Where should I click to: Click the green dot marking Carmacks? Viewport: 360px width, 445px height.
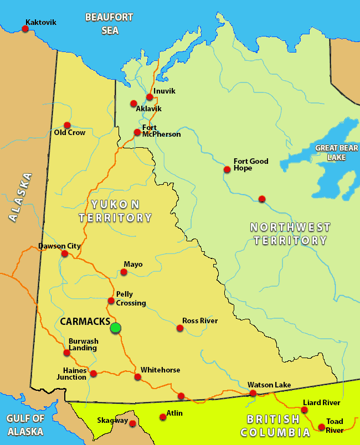[115, 328]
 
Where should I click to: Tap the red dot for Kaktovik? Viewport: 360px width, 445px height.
[24, 28]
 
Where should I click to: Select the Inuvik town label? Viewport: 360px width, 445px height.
[164, 91]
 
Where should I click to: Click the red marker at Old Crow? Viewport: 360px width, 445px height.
[67, 125]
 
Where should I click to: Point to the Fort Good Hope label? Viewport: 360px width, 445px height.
[250, 164]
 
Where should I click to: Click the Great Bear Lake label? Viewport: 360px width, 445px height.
[330, 152]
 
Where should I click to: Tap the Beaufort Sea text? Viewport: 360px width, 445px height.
[109, 24]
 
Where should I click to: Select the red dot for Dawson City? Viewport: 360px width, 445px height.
[65, 253]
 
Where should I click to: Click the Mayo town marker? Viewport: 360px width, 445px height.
[124, 272]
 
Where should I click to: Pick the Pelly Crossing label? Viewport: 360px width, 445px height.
[131, 298]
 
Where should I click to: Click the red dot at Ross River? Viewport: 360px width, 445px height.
[179, 328]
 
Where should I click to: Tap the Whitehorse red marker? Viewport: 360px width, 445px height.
[137, 377]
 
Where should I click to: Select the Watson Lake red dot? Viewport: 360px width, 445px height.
[253, 393]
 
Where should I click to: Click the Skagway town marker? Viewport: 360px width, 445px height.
[133, 423]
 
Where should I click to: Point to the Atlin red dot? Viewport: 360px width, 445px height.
[162, 417]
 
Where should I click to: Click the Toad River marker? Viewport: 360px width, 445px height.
[321, 427]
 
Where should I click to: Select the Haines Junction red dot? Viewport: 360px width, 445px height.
[93, 374]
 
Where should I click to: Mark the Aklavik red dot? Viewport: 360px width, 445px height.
[133, 104]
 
